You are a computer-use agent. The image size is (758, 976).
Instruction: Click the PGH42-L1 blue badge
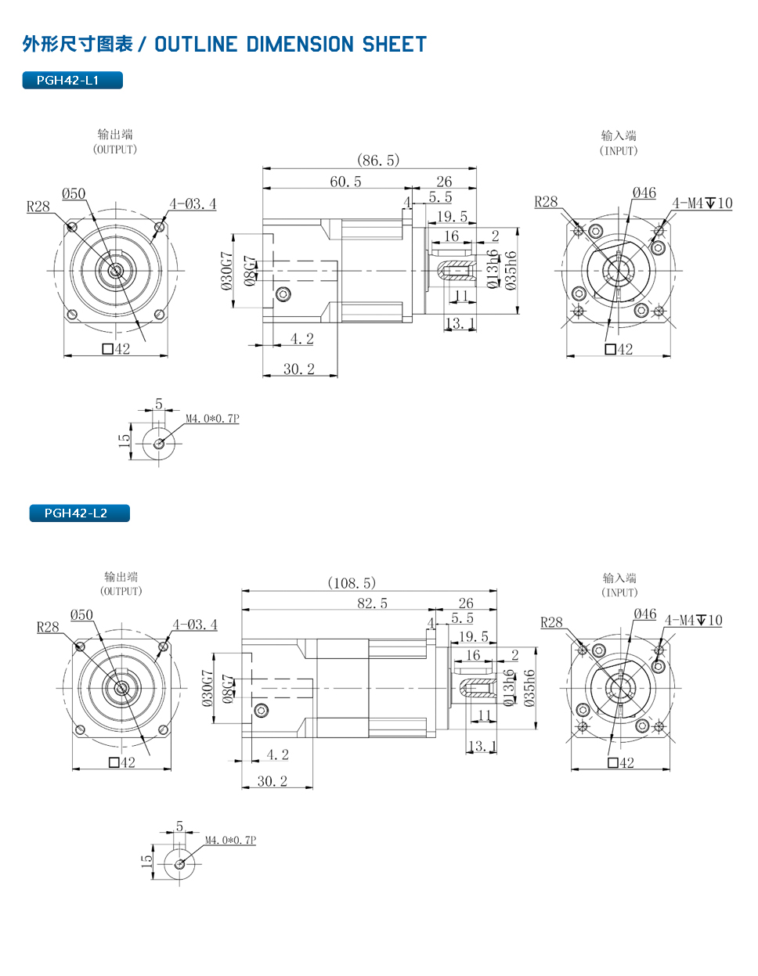(x=72, y=81)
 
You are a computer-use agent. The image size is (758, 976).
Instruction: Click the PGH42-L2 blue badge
(x=80, y=513)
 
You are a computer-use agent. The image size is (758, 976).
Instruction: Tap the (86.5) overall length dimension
(x=378, y=160)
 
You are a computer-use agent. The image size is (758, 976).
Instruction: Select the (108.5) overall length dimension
(x=352, y=583)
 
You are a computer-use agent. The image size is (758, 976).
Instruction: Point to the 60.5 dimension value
(x=345, y=182)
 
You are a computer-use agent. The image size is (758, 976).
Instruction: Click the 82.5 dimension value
(x=372, y=603)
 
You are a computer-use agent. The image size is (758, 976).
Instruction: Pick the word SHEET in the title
(x=394, y=44)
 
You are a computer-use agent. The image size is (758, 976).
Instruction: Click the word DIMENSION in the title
(x=300, y=44)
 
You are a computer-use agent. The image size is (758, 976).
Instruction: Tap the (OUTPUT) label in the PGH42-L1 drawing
(x=115, y=149)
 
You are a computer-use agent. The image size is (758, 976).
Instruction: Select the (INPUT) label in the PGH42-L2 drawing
(x=619, y=592)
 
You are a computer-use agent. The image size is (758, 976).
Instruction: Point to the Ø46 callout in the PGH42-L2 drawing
(x=645, y=614)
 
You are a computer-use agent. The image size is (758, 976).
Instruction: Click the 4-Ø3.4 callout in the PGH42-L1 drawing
(x=193, y=204)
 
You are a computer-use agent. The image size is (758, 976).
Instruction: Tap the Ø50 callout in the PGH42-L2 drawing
(x=81, y=614)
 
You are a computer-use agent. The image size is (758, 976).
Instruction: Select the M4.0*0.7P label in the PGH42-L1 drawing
(x=212, y=419)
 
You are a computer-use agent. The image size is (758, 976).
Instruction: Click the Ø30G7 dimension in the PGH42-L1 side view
(x=227, y=271)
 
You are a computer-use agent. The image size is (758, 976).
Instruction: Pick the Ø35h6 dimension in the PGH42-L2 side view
(x=529, y=688)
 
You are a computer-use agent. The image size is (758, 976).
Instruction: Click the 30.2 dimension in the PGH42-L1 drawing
(x=299, y=369)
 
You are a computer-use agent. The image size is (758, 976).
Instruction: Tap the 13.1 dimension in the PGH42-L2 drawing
(x=482, y=746)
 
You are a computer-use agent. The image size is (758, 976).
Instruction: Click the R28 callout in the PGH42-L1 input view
(x=546, y=202)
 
